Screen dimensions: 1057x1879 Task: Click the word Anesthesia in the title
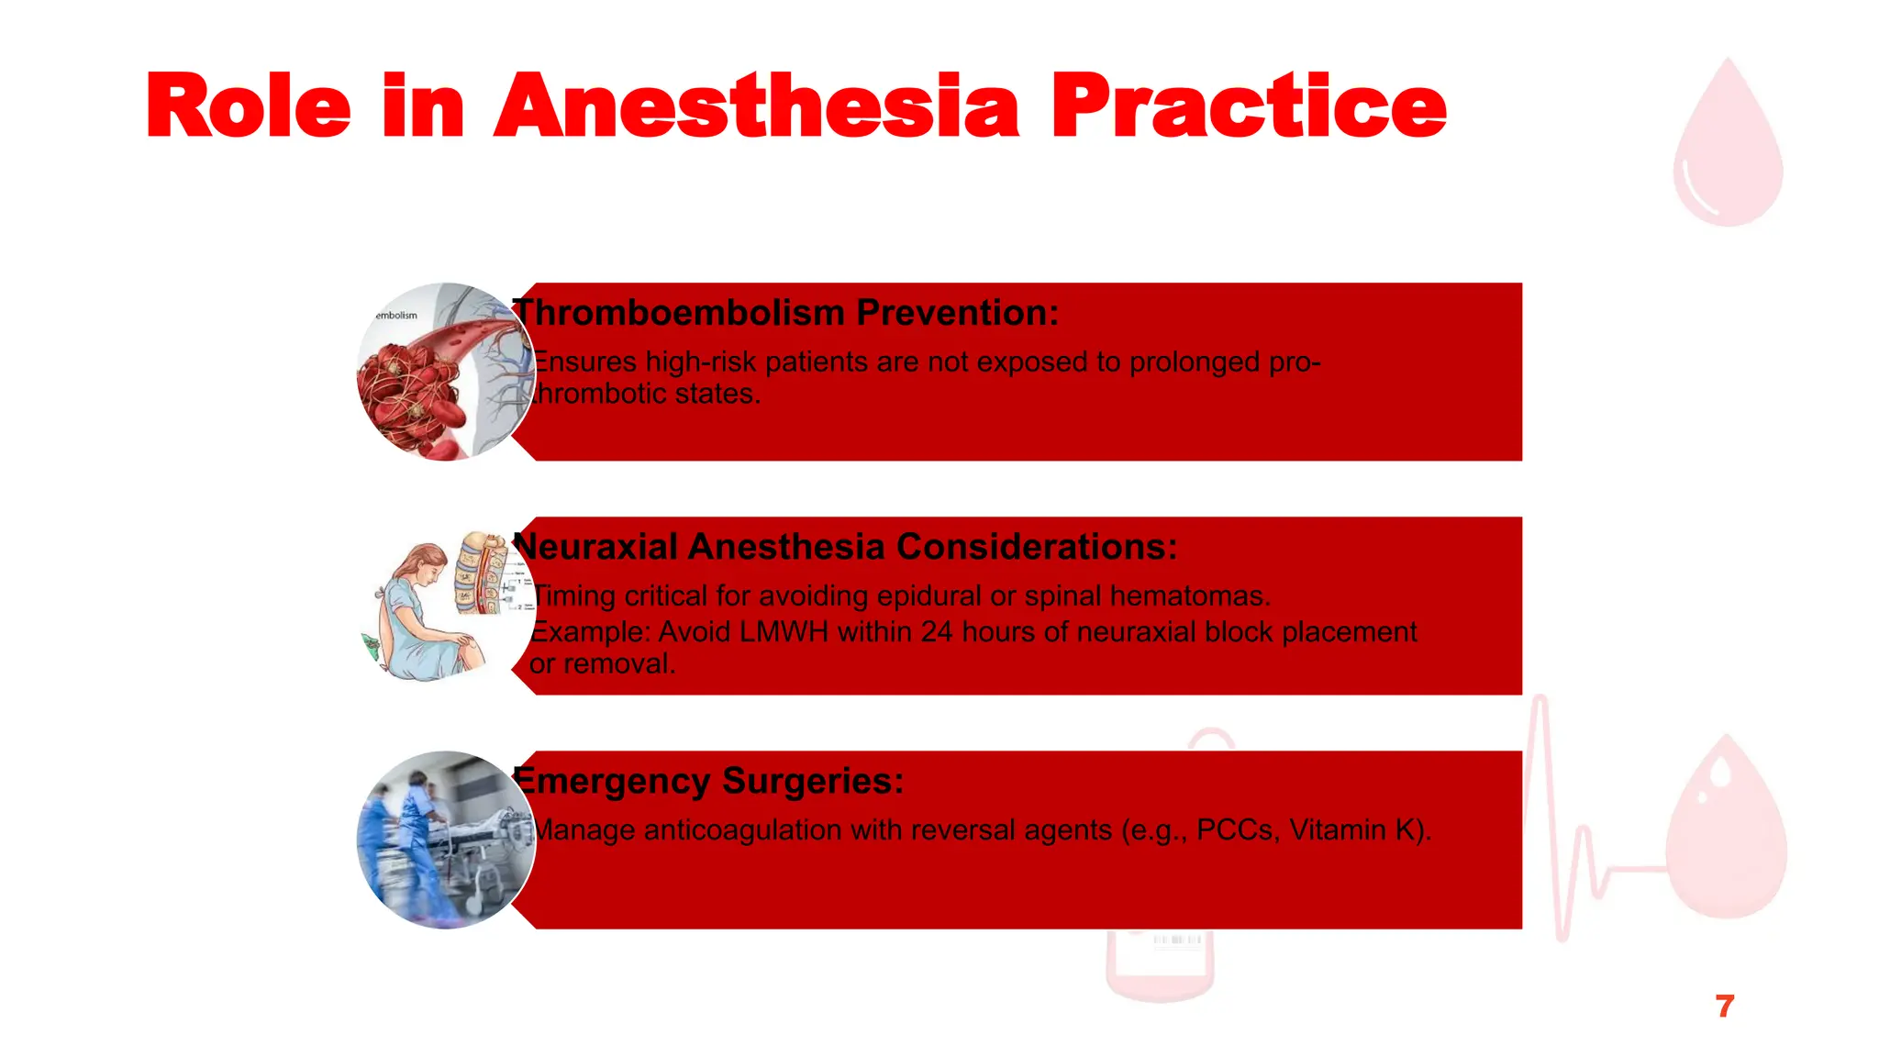pyautogui.click(x=756, y=107)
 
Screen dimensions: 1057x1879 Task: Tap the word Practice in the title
pyautogui.click(x=1248, y=107)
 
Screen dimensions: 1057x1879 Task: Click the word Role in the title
pyautogui.click(x=248, y=107)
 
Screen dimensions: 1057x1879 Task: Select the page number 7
pyautogui.click(x=1724, y=1007)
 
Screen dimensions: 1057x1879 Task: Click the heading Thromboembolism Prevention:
pyautogui.click(x=786, y=313)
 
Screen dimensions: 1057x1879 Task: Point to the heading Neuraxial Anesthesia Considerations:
pyautogui.click(x=845, y=547)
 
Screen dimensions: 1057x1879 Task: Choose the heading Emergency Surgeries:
pyautogui.click(x=709, y=781)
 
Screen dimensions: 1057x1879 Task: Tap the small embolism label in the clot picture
pyautogui.click(x=396, y=316)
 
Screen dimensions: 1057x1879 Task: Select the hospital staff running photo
pyautogui.click(x=445, y=840)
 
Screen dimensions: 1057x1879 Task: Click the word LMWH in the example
pyautogui.click(x=783, y=632)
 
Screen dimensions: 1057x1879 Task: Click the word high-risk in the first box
pyautogui.click(x=701, y=362)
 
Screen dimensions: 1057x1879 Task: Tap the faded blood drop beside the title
pyautogui.click(x=1728, y=147)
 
